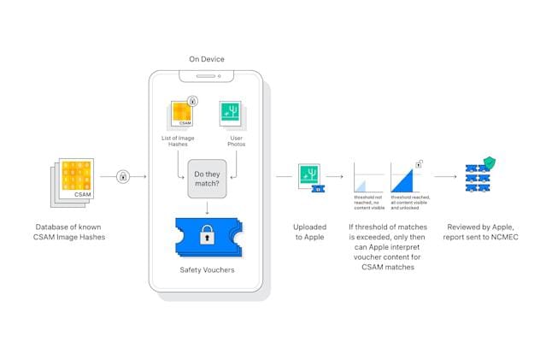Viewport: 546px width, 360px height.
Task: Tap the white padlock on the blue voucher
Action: pos(207,238)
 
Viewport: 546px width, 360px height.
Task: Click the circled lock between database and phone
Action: pos(124,177)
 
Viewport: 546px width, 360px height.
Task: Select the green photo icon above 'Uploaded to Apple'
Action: pos(310,175)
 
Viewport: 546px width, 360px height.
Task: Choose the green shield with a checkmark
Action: pos(489,162)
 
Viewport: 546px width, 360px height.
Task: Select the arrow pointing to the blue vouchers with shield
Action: pos(444,177)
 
